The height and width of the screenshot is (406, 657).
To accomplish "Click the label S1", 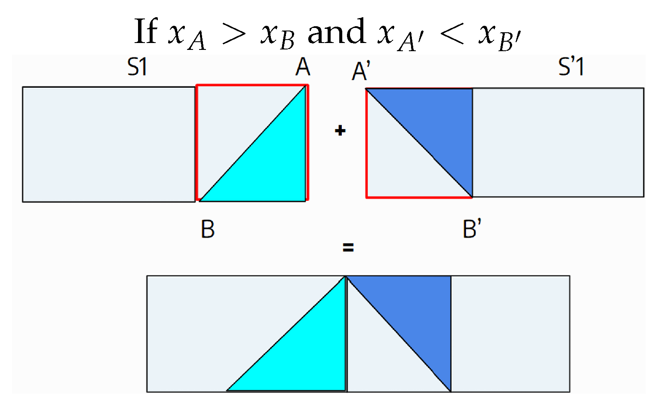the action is tap(137, 67).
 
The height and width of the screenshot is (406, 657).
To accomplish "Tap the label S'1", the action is tap(571, 67).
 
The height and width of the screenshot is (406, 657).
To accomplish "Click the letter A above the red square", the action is tap(303, 67).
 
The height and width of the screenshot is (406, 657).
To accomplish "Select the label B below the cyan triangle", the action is tap(208, 229).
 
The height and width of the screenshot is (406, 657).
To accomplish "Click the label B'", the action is tap(472, 228).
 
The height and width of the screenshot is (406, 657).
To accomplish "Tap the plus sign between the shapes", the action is tap(340, 131).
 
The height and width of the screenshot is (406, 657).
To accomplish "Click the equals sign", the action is tap(348, 247).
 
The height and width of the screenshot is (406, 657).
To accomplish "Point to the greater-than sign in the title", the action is tap(234, 34).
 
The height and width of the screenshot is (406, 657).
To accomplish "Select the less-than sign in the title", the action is tap(452, 34).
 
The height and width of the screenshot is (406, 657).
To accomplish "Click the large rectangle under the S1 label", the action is tap(109, 145).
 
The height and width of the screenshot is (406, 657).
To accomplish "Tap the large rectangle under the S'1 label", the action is tap(558, 142).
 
